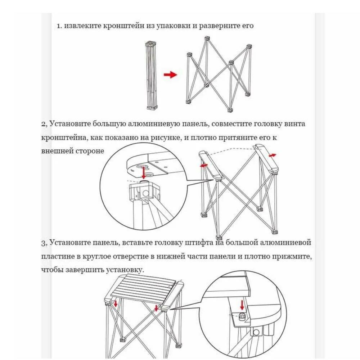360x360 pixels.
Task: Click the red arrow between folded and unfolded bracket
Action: pos(170,75)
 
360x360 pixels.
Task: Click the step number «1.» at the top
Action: pos(60,26)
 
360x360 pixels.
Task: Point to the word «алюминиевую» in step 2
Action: pos(154,124)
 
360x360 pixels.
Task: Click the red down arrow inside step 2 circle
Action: pos(144,172)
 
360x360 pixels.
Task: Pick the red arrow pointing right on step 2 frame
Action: pos(273,155)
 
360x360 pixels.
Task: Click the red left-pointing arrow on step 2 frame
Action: pos(204,166)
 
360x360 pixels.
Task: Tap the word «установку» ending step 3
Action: pos(126,270)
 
